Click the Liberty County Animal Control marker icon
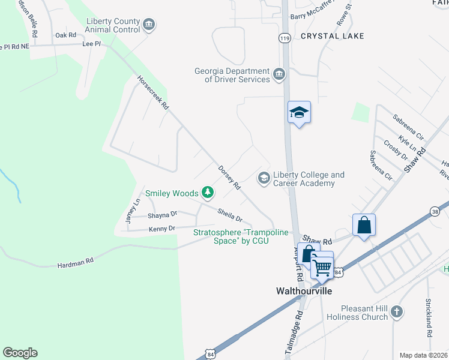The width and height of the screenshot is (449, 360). click(149, 25)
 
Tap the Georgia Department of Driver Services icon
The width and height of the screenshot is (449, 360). click(279, 74)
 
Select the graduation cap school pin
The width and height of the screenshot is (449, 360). click(299, 112)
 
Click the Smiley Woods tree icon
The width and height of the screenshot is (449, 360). click(208, 193)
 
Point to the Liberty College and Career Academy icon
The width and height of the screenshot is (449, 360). click(263, 178)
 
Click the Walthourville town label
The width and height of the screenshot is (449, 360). click(303, 291)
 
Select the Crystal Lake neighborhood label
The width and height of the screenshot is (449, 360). click(332, 36)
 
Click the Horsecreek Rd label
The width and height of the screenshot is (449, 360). click(153, 92)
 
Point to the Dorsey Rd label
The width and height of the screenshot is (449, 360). click(229, 178)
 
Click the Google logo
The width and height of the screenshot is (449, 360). click(20, 353)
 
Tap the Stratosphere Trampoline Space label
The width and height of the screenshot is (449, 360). click(231, 236)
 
